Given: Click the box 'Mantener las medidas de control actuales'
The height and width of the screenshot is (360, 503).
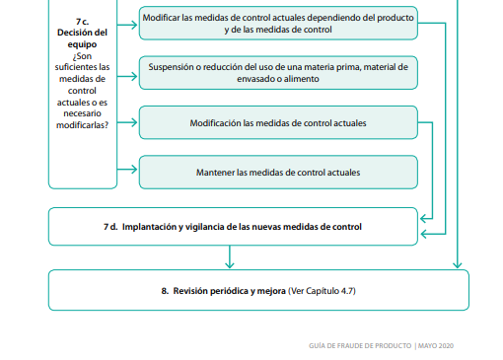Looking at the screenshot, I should tap(277, 172).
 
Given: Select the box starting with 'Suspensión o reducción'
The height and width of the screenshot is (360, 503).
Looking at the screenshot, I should tap(277, 72).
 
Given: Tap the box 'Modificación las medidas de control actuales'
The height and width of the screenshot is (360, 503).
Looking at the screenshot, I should tap(277, 123).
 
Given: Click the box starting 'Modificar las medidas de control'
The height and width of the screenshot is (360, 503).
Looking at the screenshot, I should tap(277, 24).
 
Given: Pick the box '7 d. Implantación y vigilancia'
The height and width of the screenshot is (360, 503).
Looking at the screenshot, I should tap(233, 226).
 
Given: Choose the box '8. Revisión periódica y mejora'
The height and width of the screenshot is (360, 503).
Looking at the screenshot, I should tap(258, 291).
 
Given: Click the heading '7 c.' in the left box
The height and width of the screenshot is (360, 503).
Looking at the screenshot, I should tap(83, 21).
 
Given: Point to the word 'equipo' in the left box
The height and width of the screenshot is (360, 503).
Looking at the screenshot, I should tap(83, 44).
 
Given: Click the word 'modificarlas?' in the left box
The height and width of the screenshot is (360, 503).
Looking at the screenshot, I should tap(83, 124).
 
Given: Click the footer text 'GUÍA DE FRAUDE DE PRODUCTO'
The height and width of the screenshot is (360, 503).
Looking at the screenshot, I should tap(361, 345).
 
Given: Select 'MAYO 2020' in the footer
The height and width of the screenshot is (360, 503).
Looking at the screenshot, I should tap(436, 345).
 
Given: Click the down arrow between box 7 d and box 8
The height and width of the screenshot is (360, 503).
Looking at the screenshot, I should tap(230, 262).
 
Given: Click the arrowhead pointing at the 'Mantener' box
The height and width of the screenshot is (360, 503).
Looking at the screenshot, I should tap(134, 171).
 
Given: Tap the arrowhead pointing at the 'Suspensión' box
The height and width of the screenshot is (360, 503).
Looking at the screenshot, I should tap(134, 72).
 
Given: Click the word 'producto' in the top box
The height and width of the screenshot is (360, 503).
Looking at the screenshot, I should tap(393, 18).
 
